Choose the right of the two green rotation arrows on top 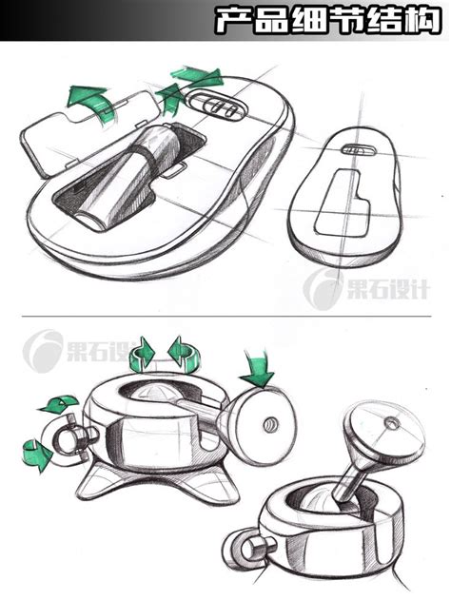click(x=182, y=353)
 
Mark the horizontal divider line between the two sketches click(x=225, y=317)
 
